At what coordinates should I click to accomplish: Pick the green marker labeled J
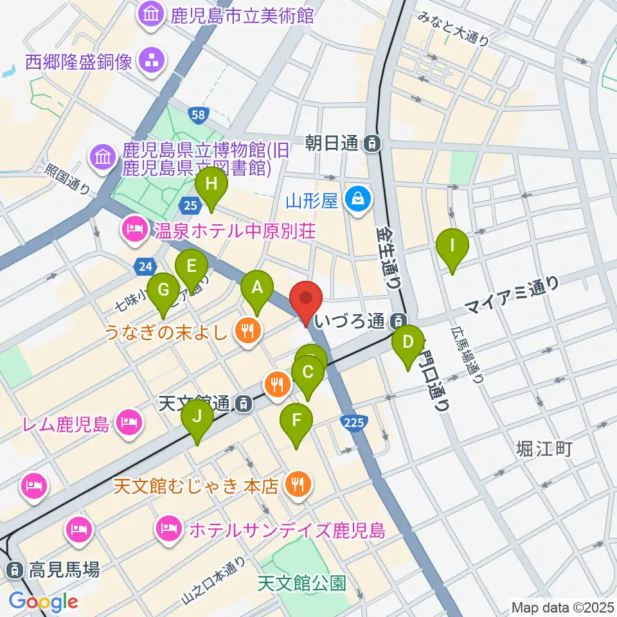tap(197, 421)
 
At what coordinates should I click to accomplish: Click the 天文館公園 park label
tap(302, 583)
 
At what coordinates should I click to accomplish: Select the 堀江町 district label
tap(544, 449)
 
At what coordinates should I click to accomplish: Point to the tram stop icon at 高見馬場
tap(13, 569)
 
